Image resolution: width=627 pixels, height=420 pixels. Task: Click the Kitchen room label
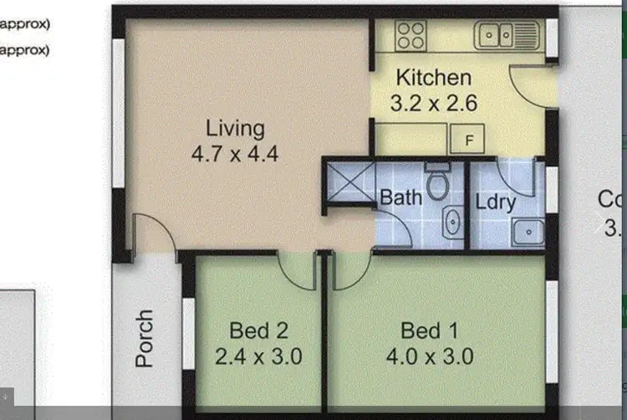pyautogui.click(x=433, y=78)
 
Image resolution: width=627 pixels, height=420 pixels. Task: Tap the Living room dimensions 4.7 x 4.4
pyautogui.click(x=234, y=155)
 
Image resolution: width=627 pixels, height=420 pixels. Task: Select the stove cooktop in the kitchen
pyautogui.click(x=410, y=35)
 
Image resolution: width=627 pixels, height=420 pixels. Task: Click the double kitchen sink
pyautogui.click(x=506, y=35)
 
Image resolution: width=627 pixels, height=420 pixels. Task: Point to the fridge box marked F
pyautogui.click(x=469, y=140)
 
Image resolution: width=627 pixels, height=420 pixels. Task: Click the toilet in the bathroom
pyautogui.click(x=437, y=181)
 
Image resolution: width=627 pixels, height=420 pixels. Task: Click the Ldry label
pyautogui.click(x=495, y=202)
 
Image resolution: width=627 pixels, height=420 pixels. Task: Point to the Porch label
pyautogui.click(x=145, y=339)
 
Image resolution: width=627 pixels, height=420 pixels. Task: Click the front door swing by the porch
pyautogui.click(x=155, y=232)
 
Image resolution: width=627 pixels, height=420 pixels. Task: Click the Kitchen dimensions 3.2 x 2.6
pyautogui.click(x=433, y=105)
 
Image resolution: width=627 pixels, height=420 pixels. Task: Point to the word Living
pyautogui.click(x=235, y=129)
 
